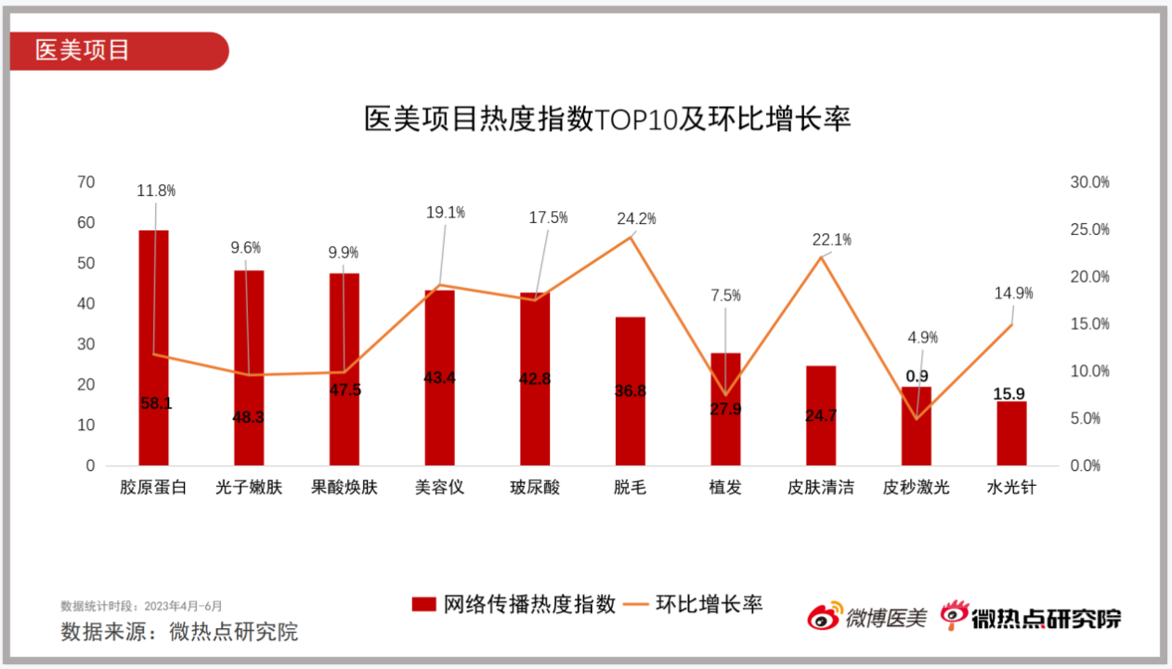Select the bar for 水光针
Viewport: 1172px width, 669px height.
[1011, 434]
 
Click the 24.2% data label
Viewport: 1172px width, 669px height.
[636, 219]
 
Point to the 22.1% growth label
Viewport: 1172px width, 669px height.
[831, 240]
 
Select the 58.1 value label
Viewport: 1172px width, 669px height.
[156, 404]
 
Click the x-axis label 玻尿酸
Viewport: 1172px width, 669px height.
[535, 488]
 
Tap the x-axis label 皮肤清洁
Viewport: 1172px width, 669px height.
[820, 488]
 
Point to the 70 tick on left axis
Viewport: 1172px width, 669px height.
[86, 182]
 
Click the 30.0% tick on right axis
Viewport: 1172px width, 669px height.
[1089, 183]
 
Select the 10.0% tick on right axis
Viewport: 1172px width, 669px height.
[1089, 372]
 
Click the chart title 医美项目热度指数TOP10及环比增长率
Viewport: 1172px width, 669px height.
[607, 120]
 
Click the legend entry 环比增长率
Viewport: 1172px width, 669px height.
[695, 605]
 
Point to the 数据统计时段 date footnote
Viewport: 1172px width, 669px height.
[141, 607]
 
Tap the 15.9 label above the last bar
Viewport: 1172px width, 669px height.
[1011, 394]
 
